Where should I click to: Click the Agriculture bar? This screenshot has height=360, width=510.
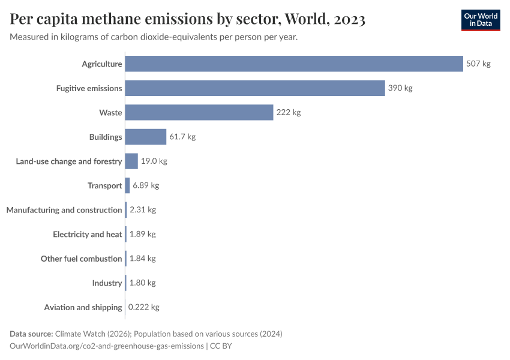click(x=294, y=64)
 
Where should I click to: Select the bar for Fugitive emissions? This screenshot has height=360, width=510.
click(x=255, y=88)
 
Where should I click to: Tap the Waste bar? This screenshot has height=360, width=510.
click(x=199, y=112)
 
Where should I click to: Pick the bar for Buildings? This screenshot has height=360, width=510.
click(x=146, y=137)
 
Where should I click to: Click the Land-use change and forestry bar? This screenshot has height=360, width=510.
click(x=131, y=161)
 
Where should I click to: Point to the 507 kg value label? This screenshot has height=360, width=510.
click(x=478, y=64)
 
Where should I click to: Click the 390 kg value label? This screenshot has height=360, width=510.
click(x=400, y=88)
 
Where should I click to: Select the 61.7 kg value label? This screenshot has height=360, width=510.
click(x=182, y=137)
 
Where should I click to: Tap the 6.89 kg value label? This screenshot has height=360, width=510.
click(x=146, y=185)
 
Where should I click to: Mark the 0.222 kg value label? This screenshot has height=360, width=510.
click(x=144, y=307)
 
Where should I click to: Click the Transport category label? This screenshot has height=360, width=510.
click(x=104, y=185)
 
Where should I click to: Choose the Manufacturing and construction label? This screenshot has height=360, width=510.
click(x=64, y=210)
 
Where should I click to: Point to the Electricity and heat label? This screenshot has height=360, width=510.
click(x=87, y=234)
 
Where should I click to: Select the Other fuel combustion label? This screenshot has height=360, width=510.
click(x=81, y=259)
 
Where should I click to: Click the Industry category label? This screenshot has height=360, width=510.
click(x=107, y=283)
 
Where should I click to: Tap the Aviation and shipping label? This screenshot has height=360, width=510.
click(x=83, y=307)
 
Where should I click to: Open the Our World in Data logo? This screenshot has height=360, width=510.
click(x=480, y=20)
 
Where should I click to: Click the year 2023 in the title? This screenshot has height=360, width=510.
click(x=347, y=19)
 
